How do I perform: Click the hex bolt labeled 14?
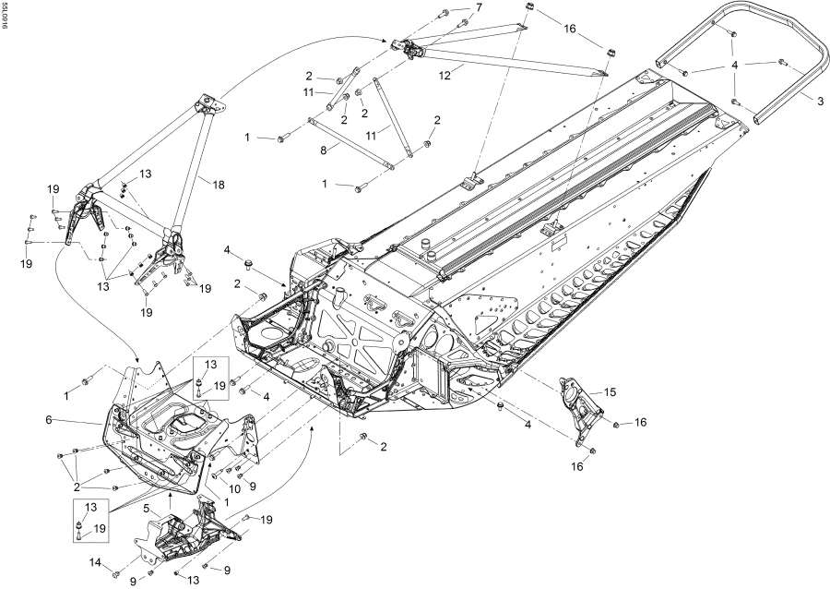(115, 574)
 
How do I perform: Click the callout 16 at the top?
(569, 29)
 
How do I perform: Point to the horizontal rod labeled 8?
(350, 142)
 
